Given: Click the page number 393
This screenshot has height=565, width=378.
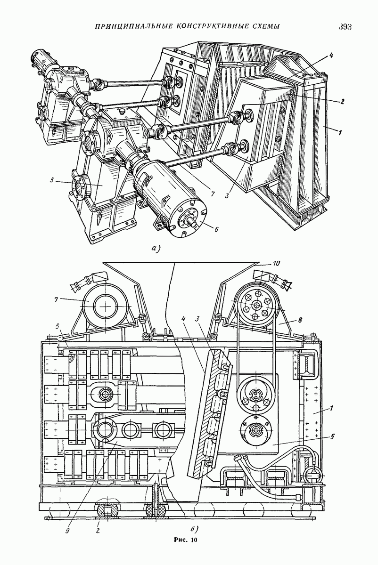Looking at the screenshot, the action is click(x=345, y=27).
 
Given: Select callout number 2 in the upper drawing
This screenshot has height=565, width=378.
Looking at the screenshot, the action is click(x=342, y=101).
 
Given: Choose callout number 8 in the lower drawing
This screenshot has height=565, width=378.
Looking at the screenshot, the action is click(x=300, y=320).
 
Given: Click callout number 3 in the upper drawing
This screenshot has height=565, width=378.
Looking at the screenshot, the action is click(x=228, y=195).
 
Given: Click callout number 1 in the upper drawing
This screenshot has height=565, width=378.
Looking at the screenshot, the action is click(x=340, y=132).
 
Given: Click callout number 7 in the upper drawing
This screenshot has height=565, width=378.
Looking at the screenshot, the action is click(x=213, y=194).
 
